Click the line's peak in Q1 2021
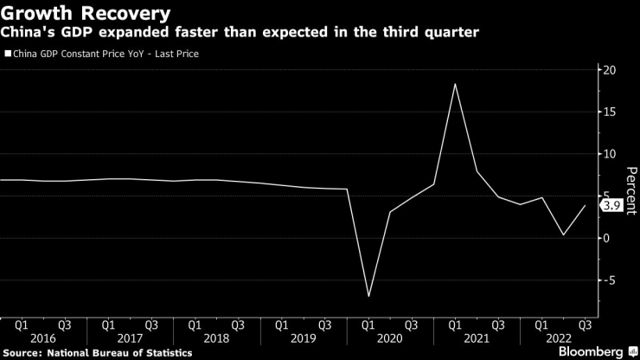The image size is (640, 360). (455, 84)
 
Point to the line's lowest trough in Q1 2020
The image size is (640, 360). (368, 296)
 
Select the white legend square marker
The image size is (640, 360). (8, 54)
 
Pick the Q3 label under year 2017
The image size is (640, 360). (150, 326)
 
